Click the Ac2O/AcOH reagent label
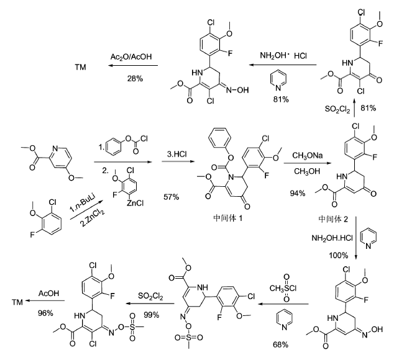pos(131,56)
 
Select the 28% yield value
pos(135,79)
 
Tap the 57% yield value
pos(172,197)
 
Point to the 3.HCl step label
pos(177,154)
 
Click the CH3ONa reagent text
pos(308,156)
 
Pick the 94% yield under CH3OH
pos(298,193)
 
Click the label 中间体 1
pos(228,218)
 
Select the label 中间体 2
pos(333,219)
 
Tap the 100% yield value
pos(339,255)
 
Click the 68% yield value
pos(280,344)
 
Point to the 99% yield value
pos(151,315)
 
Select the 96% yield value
pos(45,313)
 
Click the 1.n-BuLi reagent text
pos(81,204)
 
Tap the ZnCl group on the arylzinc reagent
pos(135,203)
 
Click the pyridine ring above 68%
pos(285,320)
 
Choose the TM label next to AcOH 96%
pos(17,302)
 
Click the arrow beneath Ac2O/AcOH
pos(134,66)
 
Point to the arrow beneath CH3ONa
pos(308,163)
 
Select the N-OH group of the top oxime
pos(238,90)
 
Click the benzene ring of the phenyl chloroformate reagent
pos(114,146)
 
